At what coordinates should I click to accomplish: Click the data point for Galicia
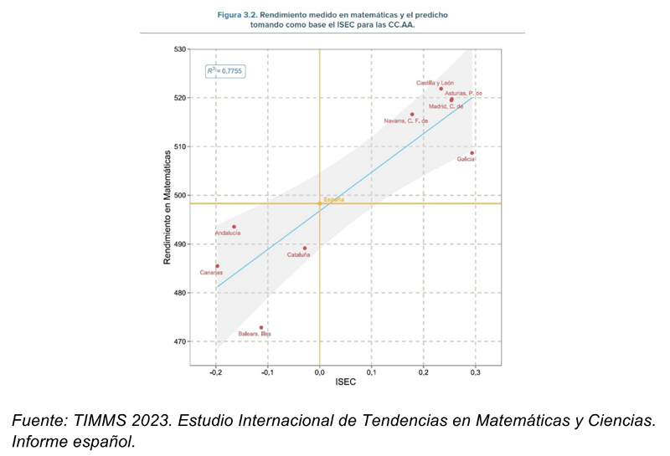pyautogui.click(x=472, y=153)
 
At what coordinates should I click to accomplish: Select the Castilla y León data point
pyautogui.click(x=441, y=89)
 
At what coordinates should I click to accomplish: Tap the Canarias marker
pyautogui.click(x=217, y=266)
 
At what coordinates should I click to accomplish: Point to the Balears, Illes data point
pyautogui.click(x=261, y=327)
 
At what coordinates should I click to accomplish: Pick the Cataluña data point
pyautogui.click(x=305, y=248)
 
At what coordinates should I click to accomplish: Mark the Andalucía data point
pyautogui.click(x=234, y=227)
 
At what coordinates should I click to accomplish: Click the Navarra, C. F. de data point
pyautogui.click(x=412, y=115)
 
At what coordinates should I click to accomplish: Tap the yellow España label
pyautogui.click(x=333, y=199)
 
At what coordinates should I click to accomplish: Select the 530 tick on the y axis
pyautogui.click(x=180, y=49)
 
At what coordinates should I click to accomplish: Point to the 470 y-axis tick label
pyautogui.click(x=180, y=341)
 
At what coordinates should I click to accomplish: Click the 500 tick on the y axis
pyautogui.click(x=180, y=196)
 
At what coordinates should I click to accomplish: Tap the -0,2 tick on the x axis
pyautogui.click(x=215, y=371)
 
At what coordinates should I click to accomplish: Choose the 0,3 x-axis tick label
pyautogui.click(x=476, y=371)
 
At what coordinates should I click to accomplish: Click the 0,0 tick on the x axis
pyautogui.click(x=319, y=371)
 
